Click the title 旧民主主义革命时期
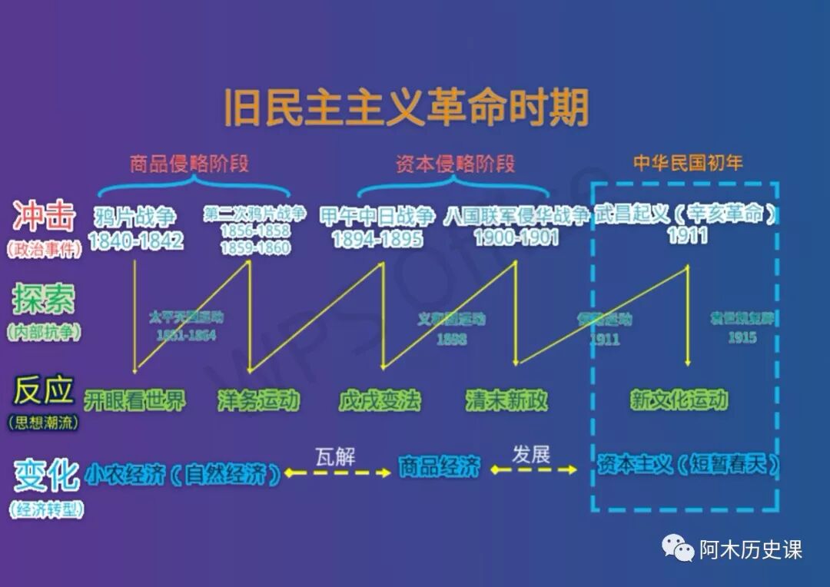[x=406, y=108]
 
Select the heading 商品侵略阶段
[x=189, y=164]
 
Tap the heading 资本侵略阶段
[x=455, y=164]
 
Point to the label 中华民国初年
[x=688, y=163]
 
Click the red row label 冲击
[x=44, y=217]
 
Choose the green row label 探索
[x=44, y=300]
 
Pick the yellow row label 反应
[x=44, y=390]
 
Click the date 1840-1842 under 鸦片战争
[x=136, y=240]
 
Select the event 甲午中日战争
[x=377, y=216]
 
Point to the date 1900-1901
[x=516, y=237]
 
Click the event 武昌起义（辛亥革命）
[x=686, y=214]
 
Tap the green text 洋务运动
[x=258, y=400]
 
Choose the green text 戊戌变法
[x=380, y=400]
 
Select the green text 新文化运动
[x=679, y=400]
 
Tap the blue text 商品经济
[x=439, y=466]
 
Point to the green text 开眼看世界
[x=134, y=400]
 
